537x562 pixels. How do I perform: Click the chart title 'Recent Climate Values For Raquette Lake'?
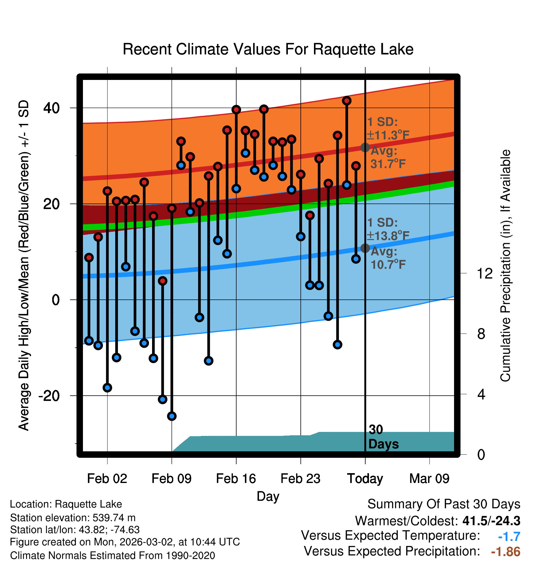[x=268, y=49]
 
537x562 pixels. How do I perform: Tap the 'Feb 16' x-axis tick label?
[x=236, y=479]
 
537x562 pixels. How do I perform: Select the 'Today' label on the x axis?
[x=365, y=479]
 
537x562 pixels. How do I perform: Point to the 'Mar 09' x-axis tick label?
[x=429, y=479]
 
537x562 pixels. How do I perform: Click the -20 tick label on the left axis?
[x=49, y=396]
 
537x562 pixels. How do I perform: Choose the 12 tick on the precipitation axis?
[x=484, y=273]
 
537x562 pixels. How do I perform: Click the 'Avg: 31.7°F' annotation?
[x=388, y=157]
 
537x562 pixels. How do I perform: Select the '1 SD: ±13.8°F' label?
[x=388, y=229]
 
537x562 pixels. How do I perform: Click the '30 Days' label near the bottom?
[x=383, y=437]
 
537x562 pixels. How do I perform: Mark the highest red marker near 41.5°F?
[x=347, y=101]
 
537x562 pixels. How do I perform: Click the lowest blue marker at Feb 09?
[x=172, y=416]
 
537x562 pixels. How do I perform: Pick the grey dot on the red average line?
[x=365, y=148]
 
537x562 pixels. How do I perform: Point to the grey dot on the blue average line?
[x=365, y=248]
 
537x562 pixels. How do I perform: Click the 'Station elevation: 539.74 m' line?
[x=73, y=518]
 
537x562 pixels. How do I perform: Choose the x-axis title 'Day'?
[x=268, y=496]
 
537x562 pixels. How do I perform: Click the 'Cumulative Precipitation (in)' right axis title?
[x=505, y=266]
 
